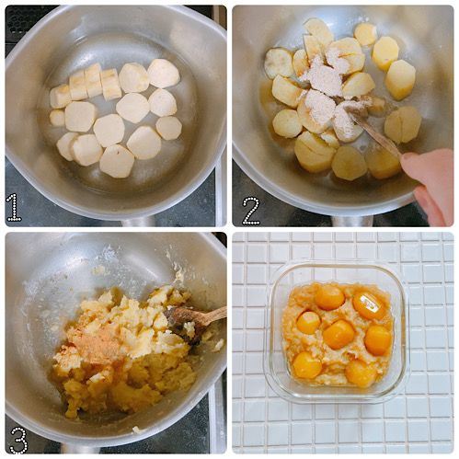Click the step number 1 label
click(x=14, y=207)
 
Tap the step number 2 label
click(x=250, y=210)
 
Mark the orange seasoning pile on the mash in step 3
click(x=97, y=344)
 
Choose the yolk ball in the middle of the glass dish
click(x=339, y=333)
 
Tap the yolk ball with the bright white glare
click(x=369, y=305)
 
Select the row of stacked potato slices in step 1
click(x=87, y=86)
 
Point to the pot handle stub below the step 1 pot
click(x=138, y=222)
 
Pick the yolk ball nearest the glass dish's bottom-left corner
click(x=307, y=366)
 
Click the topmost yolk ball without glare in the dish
click(x=328, y=296)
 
